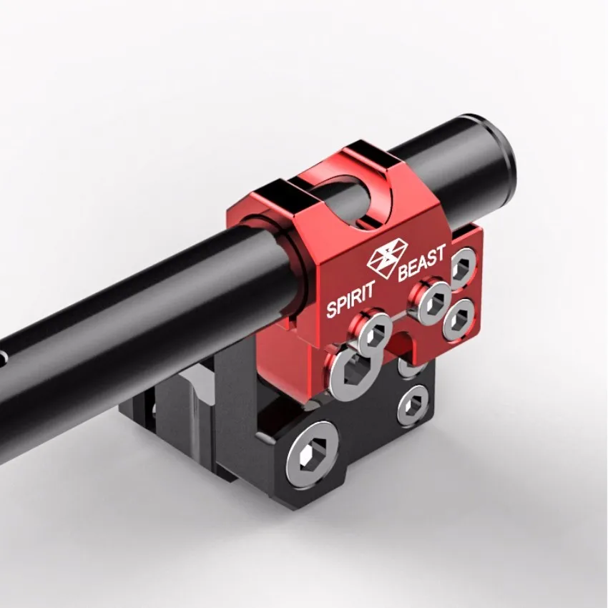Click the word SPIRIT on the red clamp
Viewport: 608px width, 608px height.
pos(351,299)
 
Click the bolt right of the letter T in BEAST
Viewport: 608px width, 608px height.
pos(464,268)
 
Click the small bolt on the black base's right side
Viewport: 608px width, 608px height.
pos(413,405)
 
